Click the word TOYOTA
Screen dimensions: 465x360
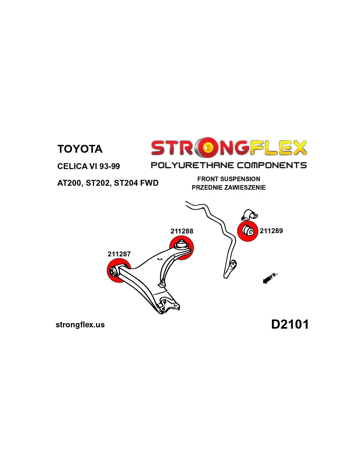point(80,149)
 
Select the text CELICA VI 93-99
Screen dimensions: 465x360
point(88,166)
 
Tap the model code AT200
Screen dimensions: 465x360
point(69,183)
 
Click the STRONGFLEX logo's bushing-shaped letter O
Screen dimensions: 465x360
point(207,147)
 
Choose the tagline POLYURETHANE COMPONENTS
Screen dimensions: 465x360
point(228,165)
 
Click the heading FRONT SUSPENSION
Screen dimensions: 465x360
point(228,179)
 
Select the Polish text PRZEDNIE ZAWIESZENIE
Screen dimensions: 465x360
point(228,187)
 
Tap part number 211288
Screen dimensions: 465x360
point(182,231)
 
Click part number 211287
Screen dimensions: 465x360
point(119,254)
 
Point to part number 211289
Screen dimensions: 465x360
point(271,231)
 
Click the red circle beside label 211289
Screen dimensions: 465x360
point(248,231)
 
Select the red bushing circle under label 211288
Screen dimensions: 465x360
point(182,248)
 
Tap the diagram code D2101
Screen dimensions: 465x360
point(290,324)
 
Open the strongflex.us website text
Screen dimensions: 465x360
point(80,325)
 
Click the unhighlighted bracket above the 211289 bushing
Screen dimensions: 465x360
point(250,215)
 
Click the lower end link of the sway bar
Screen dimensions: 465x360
point(232,267)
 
